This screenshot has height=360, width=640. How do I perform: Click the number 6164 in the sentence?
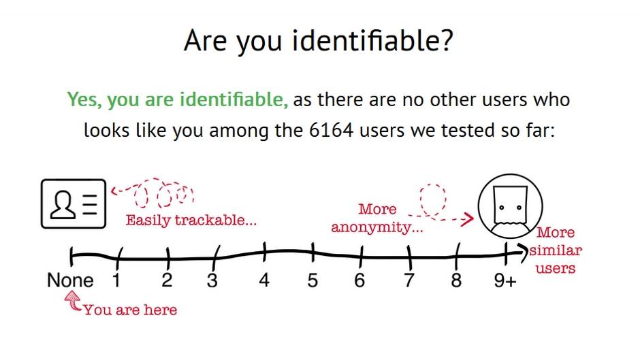[331, 131]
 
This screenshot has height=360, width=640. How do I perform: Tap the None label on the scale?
[70, 280]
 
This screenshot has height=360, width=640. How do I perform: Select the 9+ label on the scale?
[505, 280]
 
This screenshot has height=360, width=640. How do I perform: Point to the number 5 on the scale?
[313, 280]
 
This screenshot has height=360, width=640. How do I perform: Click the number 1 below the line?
[116, 280]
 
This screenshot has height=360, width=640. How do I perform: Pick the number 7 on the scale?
[409, 280]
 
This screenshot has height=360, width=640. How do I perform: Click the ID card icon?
[74, 203]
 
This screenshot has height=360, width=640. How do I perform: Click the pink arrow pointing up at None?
[73, 300]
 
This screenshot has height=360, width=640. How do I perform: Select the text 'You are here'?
[131, 310]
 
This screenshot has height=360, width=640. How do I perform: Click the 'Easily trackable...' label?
[191, 220]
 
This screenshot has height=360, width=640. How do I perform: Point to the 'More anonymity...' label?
[377, 218]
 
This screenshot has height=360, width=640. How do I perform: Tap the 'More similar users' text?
[556, 250]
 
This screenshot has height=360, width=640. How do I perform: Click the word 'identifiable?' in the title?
[372, 41]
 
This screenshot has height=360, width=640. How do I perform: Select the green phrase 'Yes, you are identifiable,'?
[178, 99]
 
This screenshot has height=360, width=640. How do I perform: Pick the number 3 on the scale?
[212, 280]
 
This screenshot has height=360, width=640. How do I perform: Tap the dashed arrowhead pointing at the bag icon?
[468, 219]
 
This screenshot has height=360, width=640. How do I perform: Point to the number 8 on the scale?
[456, 280]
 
